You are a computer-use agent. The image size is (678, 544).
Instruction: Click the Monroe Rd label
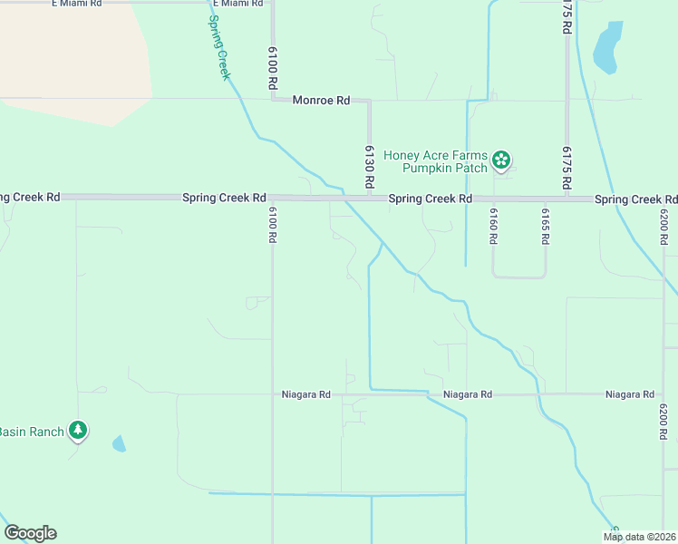pyautogui.click(x=321, y=101)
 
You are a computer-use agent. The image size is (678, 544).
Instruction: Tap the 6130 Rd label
pyautogui.click(x=370, y=166)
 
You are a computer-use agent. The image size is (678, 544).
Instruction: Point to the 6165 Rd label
pyautogui.click(x=546, y=227)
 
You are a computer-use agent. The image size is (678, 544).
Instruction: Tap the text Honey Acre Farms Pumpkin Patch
pyautogui.click(x=435, y=161)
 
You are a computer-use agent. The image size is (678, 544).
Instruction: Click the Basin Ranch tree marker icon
pyautogui.click(x=79, y=430)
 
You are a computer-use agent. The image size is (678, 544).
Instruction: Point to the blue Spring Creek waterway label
pyautogui.click(x=219, y=47)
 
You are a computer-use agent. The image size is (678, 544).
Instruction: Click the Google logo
pyautogui.click(x=30, y=533)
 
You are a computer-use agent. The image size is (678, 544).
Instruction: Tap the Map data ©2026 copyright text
pyautogui.click(x=639, y=537)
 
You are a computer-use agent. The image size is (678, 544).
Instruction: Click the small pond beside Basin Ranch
pyautogui.click(x=119, y=443)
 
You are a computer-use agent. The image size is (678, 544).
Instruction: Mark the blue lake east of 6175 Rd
pyautogui.click(x=606, y=47)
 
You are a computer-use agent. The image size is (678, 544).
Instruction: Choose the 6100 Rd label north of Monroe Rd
pyautogui.click(x=272, y=67)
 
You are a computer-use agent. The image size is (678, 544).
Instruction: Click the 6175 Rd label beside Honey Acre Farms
pyautogui.click(x=567, y=167)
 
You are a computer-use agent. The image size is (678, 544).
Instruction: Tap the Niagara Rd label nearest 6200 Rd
pyautogui.click(x=630, y=394)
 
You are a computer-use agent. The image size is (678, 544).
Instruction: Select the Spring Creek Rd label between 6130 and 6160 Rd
pyautogui.click(x=431, y=199)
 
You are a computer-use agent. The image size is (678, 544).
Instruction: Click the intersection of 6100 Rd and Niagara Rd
pyautogui.click(x=272, y=394)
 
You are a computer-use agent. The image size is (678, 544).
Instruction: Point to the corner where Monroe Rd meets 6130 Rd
pyautogui.click(x=369, y=101)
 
